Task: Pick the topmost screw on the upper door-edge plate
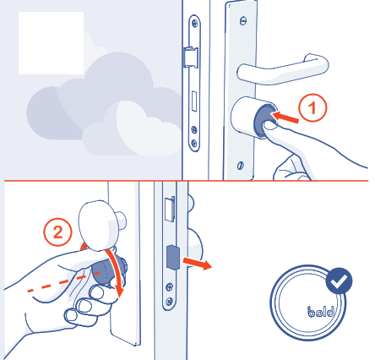click(x=193, y=21)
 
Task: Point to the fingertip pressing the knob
click(x=271, y=128)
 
